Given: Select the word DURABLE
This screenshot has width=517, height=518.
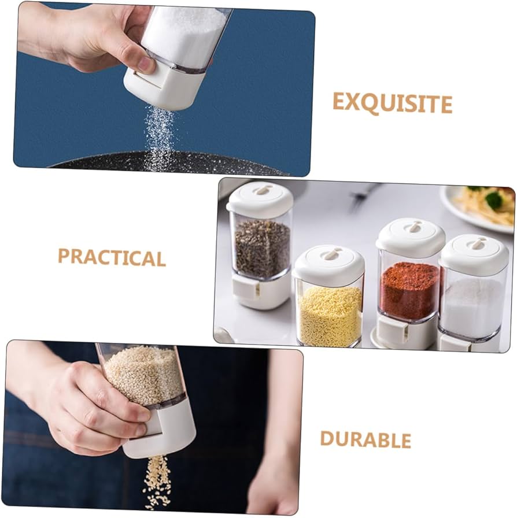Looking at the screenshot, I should pyautogui.click(x=365, y=439).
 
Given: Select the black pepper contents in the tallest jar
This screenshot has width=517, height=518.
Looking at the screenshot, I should pyautogui.click(x=262, y=248).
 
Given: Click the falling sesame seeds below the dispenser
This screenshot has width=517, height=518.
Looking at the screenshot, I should pyautogui.click(x=157, y=480).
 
